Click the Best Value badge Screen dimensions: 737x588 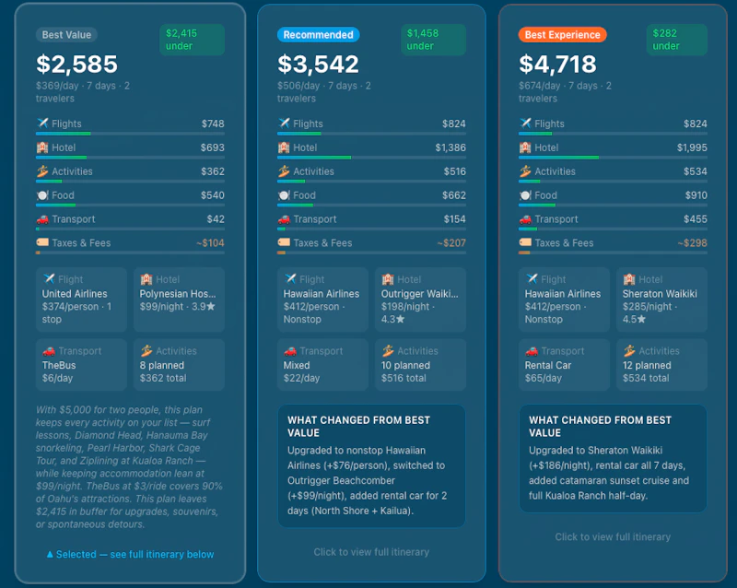coord(66,35)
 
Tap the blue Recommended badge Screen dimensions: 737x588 coord(318,35)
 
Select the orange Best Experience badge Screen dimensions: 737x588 coord(562,35)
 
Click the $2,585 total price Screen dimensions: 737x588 coord(77,64)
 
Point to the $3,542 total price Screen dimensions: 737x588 coord(318,64)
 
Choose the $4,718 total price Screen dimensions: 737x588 coord(558,64)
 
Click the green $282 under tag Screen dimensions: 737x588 coord(677,40)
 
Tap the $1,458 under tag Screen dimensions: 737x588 coord(433,40)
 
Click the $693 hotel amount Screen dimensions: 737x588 coord(213,147)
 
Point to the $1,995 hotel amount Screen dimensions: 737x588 coord(692,147)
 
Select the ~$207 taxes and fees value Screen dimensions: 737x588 coord(451,243)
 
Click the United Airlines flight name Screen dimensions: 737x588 coord(75,294)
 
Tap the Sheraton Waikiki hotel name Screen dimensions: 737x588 coord(660,294)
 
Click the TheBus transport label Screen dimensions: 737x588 coord(59,366)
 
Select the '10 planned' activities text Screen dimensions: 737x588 coord(405,366)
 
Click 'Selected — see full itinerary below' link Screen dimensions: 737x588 coord(131,555)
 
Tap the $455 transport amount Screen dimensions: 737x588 coord(696,219)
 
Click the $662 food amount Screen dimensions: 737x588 coord(454,195)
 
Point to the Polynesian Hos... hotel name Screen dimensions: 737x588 coord(178,294)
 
